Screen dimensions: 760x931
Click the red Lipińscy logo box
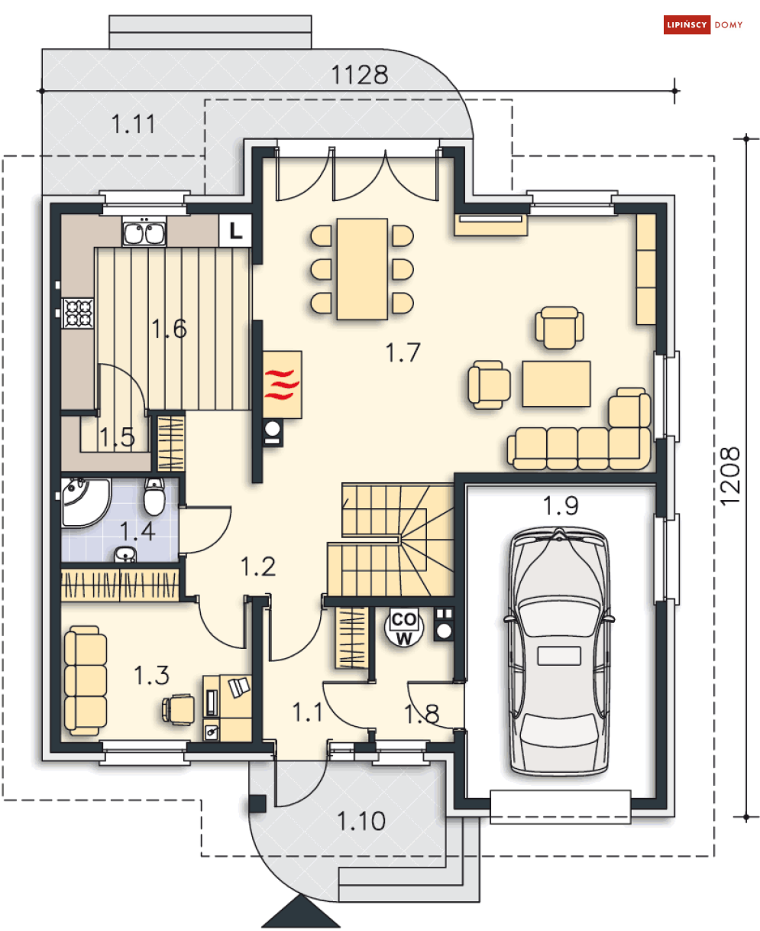point(687,24)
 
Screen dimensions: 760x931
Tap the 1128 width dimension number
point(360,75)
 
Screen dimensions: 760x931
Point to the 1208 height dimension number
point(730,476)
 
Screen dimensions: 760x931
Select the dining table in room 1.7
point(362,269)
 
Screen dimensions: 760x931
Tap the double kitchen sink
point(144,232)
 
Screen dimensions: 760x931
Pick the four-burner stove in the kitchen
point(78,313)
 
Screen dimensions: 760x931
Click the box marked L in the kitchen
point(235,230)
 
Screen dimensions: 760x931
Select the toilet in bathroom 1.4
point(154,497)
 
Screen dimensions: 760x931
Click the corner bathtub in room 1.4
point(85,503)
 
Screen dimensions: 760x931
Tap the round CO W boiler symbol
point(403,628)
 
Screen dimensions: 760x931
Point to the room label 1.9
point(560,505)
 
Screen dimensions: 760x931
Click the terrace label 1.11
point(133,124)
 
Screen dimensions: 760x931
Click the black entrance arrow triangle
point(301,910)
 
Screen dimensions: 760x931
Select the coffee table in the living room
point(556,384)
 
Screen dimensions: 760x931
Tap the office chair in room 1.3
point(178,709)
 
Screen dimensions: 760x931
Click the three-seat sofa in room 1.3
point(85,680)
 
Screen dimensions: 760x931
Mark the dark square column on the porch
point(257,803)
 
